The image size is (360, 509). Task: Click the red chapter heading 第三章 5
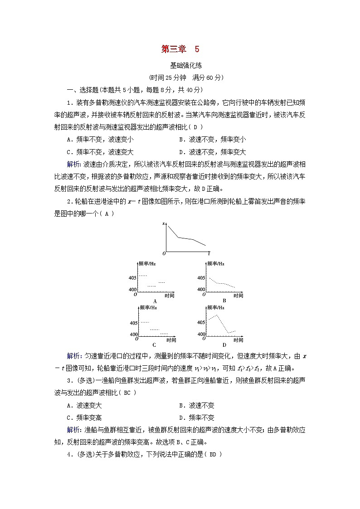pyautogui.click(x=180, y=49)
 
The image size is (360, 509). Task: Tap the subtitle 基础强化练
pyautogui.click(x=180, y=65)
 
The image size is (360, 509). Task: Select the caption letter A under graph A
pyautogui.click(x=155, y=301)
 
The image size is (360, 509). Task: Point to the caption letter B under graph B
pyautogui.click(x=224, y=301)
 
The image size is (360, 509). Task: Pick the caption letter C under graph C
pyautogui.click(x=155, y=344)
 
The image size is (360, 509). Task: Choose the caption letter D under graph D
pyautogui.click(x=224, y=344)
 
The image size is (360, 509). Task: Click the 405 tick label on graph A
pyautogui.click(x=132, y=278)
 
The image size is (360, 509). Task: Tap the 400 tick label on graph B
pyautogui.click(x=201, y=289)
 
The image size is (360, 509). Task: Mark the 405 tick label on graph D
pyautogui.click(x=201, y=322)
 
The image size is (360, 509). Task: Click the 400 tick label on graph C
pyautogui.click(x=134, y=334)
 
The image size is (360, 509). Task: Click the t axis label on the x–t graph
pyautogui.click(x=209, y=254)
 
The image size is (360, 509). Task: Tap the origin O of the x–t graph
pyautogui.click(x=164, y=253)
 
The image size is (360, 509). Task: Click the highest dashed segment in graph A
pyautogui.click(x=142, y=276)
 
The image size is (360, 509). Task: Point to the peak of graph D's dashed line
pyautogui.click(x=217, y=315)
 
